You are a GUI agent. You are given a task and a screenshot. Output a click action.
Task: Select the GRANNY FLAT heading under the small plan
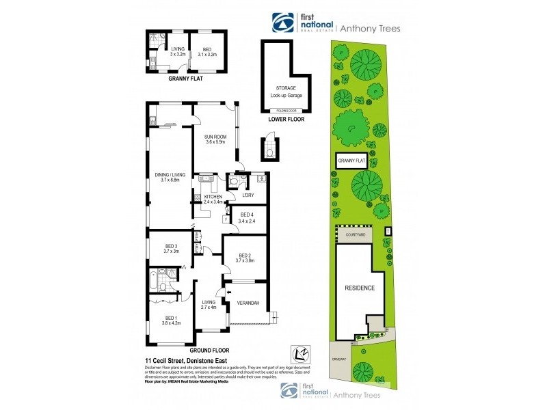coord(187,79)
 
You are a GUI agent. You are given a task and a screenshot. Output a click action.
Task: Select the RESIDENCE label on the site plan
coord(359,288)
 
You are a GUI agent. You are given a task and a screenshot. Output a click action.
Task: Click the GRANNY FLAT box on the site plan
coord(353,161)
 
